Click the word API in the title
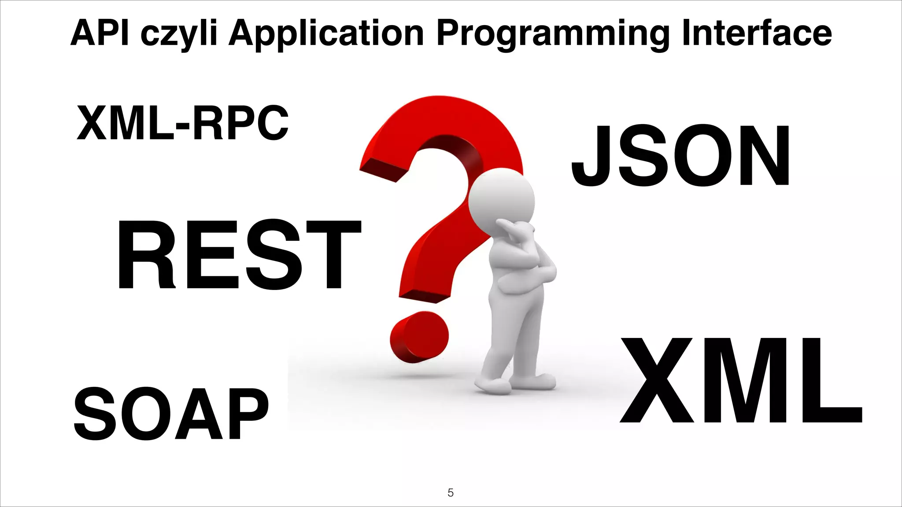pos(100,33)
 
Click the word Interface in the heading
pos(757,33)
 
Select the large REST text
pos(239,255)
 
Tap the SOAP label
pos(171,415)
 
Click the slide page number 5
pos(451,492)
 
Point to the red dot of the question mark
pos(419,337)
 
